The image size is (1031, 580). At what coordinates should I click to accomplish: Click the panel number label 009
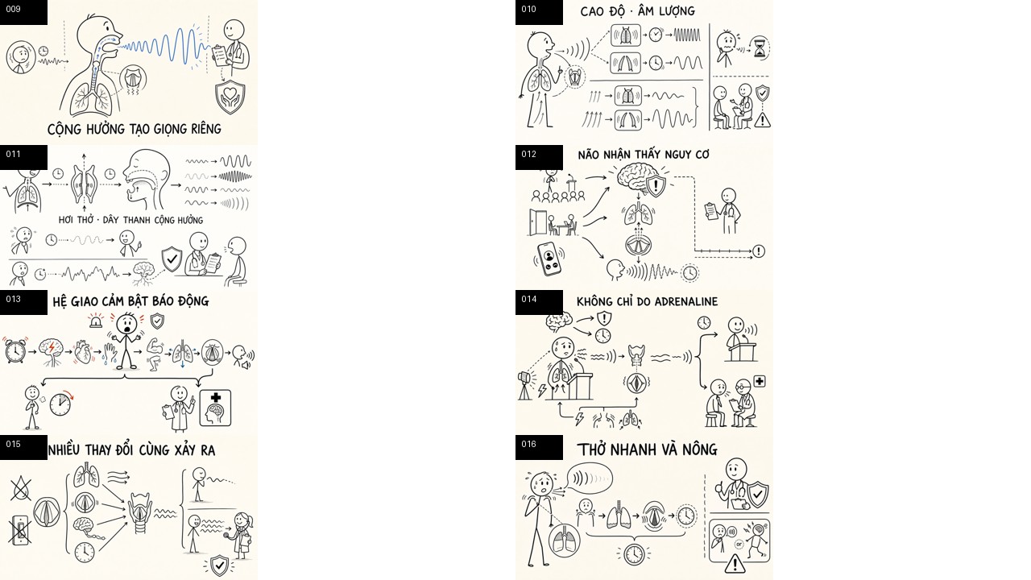pos(14,9)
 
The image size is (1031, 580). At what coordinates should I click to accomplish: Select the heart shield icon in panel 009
pos(230,97)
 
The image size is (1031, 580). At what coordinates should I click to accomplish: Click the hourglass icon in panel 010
pos(759,48)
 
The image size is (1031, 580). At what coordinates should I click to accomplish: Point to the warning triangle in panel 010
pos(763,120)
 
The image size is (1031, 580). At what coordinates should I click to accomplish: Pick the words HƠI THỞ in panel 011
pos(76,220)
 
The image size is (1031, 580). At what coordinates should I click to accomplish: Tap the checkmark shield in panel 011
pos(172,259)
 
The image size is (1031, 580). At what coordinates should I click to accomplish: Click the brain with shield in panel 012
pos(641,179)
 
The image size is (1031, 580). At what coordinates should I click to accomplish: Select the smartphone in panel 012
pos(549,259)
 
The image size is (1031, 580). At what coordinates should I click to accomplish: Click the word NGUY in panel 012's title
pos(672,155)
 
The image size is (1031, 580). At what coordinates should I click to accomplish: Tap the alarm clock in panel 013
pos(15,350)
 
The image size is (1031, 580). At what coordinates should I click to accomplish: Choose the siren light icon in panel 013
pos(96,321)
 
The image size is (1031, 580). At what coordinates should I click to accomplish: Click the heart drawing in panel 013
pos(83,352)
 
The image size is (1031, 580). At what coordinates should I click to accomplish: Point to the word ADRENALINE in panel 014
pos(685,301)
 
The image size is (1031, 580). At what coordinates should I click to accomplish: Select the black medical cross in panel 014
pos(760,381)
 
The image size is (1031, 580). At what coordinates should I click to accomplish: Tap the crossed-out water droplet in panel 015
pos(21,488)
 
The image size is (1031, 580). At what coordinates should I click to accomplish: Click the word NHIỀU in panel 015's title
pos(64,449)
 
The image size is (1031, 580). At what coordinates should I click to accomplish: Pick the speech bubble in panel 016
pos(589,478)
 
